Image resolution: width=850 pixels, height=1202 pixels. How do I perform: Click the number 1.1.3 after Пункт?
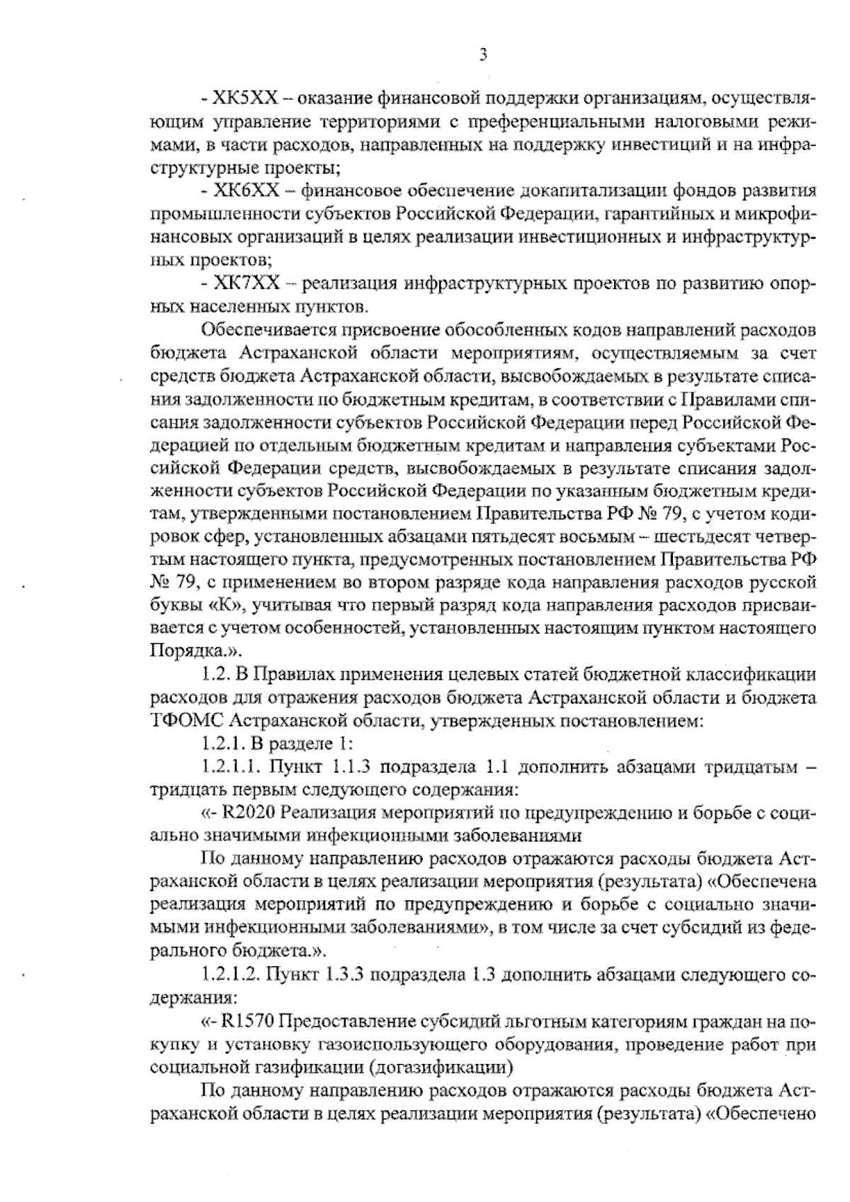coord(344,768)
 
